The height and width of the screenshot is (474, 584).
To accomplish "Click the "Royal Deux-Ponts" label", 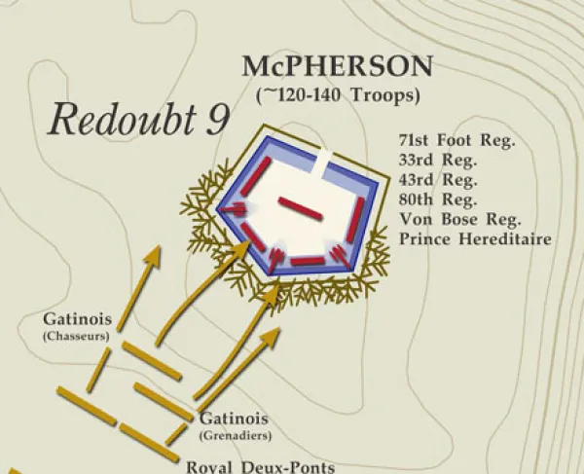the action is pos(260,466).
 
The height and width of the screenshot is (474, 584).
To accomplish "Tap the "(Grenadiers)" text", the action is pos(235,435).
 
